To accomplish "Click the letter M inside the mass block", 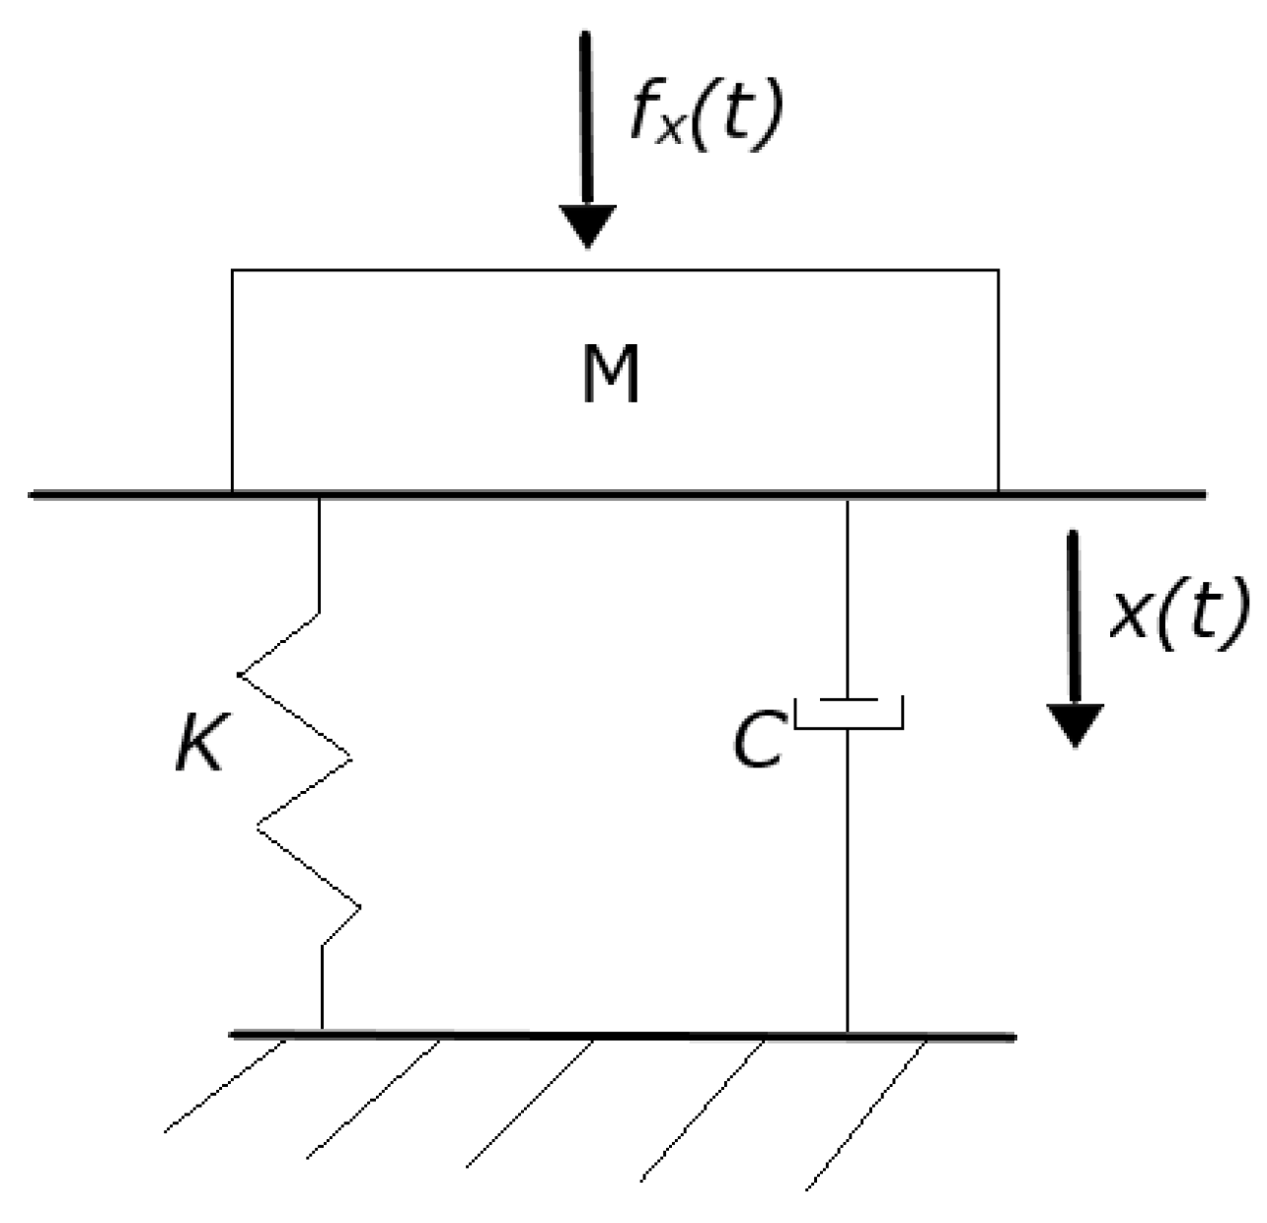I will [611, 375].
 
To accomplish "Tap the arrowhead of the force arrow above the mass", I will [588, 226].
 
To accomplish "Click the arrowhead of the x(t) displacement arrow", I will [1074, 725].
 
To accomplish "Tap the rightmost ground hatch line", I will [866, 1113].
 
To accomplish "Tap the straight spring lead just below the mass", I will [320, 552].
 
